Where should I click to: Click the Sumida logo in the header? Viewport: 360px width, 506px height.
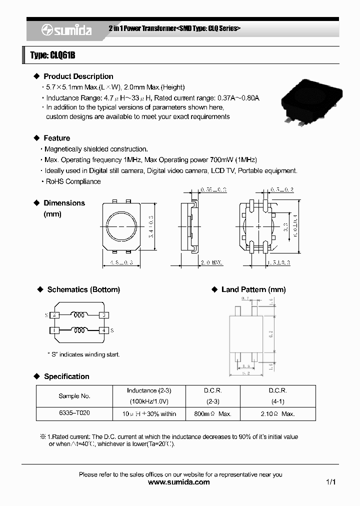66,30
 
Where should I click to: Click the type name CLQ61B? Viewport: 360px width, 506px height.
52,55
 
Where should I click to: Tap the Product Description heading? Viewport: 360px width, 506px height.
78,76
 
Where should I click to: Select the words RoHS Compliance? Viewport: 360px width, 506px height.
73,181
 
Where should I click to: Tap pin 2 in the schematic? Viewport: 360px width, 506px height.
55,315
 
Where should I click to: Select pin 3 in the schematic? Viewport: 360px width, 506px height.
103,315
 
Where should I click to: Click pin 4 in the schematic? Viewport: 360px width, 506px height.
103,330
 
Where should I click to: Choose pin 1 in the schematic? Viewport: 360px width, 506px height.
55,330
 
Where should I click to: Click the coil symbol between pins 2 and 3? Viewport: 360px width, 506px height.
78,315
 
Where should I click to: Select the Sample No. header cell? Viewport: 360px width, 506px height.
74,396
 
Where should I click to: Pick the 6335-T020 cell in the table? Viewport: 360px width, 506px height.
74,413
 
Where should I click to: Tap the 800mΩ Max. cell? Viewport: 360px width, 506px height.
212,414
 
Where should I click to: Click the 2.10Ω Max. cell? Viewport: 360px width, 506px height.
277,414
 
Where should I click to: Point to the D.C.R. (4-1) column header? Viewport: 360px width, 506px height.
277,395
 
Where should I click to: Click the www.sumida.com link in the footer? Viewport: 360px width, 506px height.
179,482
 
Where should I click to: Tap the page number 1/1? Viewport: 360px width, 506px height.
330,482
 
